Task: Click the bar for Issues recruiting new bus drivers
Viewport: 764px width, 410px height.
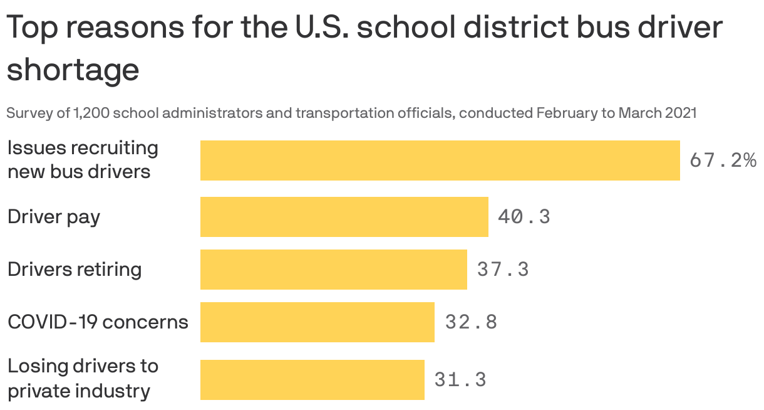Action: pos(440,160)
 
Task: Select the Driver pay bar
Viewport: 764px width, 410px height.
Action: pos(344,217)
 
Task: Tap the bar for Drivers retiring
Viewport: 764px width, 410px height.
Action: pos(333,270)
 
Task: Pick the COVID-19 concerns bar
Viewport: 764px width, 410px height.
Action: pos(317,322)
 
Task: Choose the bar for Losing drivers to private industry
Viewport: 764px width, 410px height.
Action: pos(312,380)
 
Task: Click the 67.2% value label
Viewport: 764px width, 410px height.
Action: pos(723,160)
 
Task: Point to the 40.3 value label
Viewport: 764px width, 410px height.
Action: pos(524,217)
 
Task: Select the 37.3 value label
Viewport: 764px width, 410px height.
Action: pos(502,270)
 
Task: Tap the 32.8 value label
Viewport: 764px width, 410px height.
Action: pos(471,322)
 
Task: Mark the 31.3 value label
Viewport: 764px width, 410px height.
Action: pos(460,380)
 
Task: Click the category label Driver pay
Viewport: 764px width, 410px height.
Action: pos(54,217)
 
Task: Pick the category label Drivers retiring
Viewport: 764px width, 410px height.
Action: pos(75,270)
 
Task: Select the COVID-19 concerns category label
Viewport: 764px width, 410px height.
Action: pos(98,322)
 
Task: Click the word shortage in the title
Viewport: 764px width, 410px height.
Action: pos(73,70)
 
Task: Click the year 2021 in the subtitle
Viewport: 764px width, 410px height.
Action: pos(681,113)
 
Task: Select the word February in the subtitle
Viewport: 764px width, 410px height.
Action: pos(565,113)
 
